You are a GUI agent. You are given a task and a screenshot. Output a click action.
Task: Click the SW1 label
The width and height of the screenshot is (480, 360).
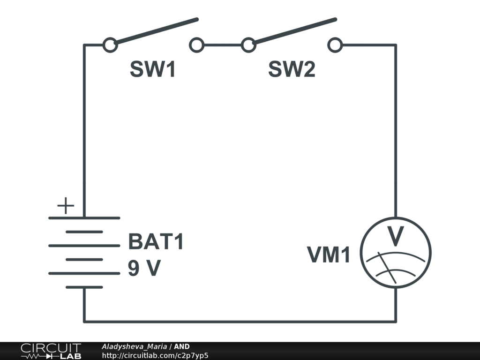click(153, 70)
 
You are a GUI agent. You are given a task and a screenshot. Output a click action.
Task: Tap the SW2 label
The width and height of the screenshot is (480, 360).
click(292, 70)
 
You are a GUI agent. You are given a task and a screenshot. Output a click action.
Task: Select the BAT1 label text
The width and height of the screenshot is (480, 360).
click(156, 242)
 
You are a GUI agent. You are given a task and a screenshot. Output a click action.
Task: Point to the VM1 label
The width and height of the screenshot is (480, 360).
click(329, 255)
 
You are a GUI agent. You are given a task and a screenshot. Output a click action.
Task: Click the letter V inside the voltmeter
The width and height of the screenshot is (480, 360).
click(396, 237)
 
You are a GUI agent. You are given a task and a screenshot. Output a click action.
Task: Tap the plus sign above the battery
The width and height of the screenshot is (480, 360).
click(66, 206)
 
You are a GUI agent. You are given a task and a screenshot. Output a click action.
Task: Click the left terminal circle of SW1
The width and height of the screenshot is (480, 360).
click(110, 45)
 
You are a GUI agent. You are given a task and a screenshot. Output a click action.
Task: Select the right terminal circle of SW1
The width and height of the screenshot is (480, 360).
click(196, 45)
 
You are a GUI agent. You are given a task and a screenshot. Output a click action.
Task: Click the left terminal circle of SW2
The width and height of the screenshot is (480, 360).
click(248, 45)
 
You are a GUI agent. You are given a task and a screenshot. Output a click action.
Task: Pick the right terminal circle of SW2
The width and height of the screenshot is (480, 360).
click(335, 45)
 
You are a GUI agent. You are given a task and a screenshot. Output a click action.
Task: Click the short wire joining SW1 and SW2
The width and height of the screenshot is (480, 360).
click(222, 45)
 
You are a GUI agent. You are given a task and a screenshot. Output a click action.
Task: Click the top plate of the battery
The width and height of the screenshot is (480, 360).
click(84, 218)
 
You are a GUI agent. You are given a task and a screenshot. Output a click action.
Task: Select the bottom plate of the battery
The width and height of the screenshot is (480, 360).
click(84, 287)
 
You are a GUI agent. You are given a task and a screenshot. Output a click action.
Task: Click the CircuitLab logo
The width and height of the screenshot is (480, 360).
click(51, 351)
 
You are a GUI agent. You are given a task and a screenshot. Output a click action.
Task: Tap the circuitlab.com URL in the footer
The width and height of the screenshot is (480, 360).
click(155, 355)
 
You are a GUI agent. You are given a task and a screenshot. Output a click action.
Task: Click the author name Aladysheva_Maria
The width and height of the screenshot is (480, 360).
click(134, 346)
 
